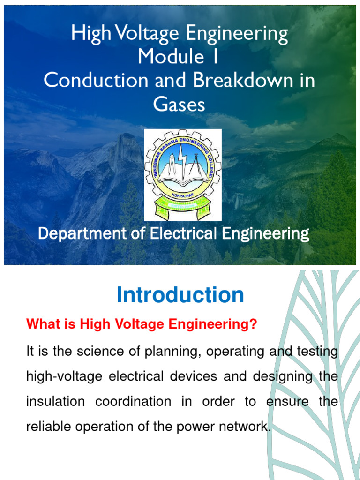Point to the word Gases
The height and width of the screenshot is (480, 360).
(180, 104)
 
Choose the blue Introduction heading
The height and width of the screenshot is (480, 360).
(180, 295)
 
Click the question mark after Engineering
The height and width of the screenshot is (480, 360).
(254, 324)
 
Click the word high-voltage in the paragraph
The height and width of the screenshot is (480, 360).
(57, 377)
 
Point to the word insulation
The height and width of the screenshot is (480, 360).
(56, 402)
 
